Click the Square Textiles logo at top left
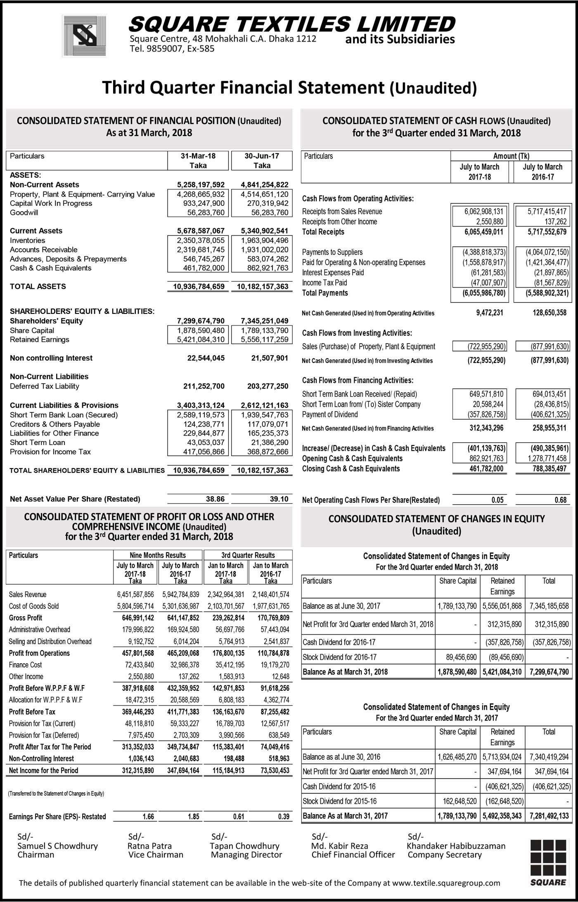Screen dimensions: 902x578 84,35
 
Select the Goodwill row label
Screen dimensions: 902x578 24,213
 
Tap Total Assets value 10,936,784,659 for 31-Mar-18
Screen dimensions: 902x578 199,287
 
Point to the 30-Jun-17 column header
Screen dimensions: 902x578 262,156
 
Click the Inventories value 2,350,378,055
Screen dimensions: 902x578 201,240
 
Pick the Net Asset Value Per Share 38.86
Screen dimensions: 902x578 215,499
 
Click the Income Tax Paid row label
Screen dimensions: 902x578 325,283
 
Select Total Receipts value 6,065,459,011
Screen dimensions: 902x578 483,232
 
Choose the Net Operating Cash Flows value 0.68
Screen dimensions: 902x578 560,500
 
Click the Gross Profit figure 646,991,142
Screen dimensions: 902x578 138,618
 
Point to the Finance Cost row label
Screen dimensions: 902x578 25,665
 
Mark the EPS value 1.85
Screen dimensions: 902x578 193,817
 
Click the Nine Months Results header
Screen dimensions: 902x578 158,555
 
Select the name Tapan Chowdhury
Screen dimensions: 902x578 245,846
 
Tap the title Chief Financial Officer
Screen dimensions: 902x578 353,855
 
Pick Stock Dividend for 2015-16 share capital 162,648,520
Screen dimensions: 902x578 457,801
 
